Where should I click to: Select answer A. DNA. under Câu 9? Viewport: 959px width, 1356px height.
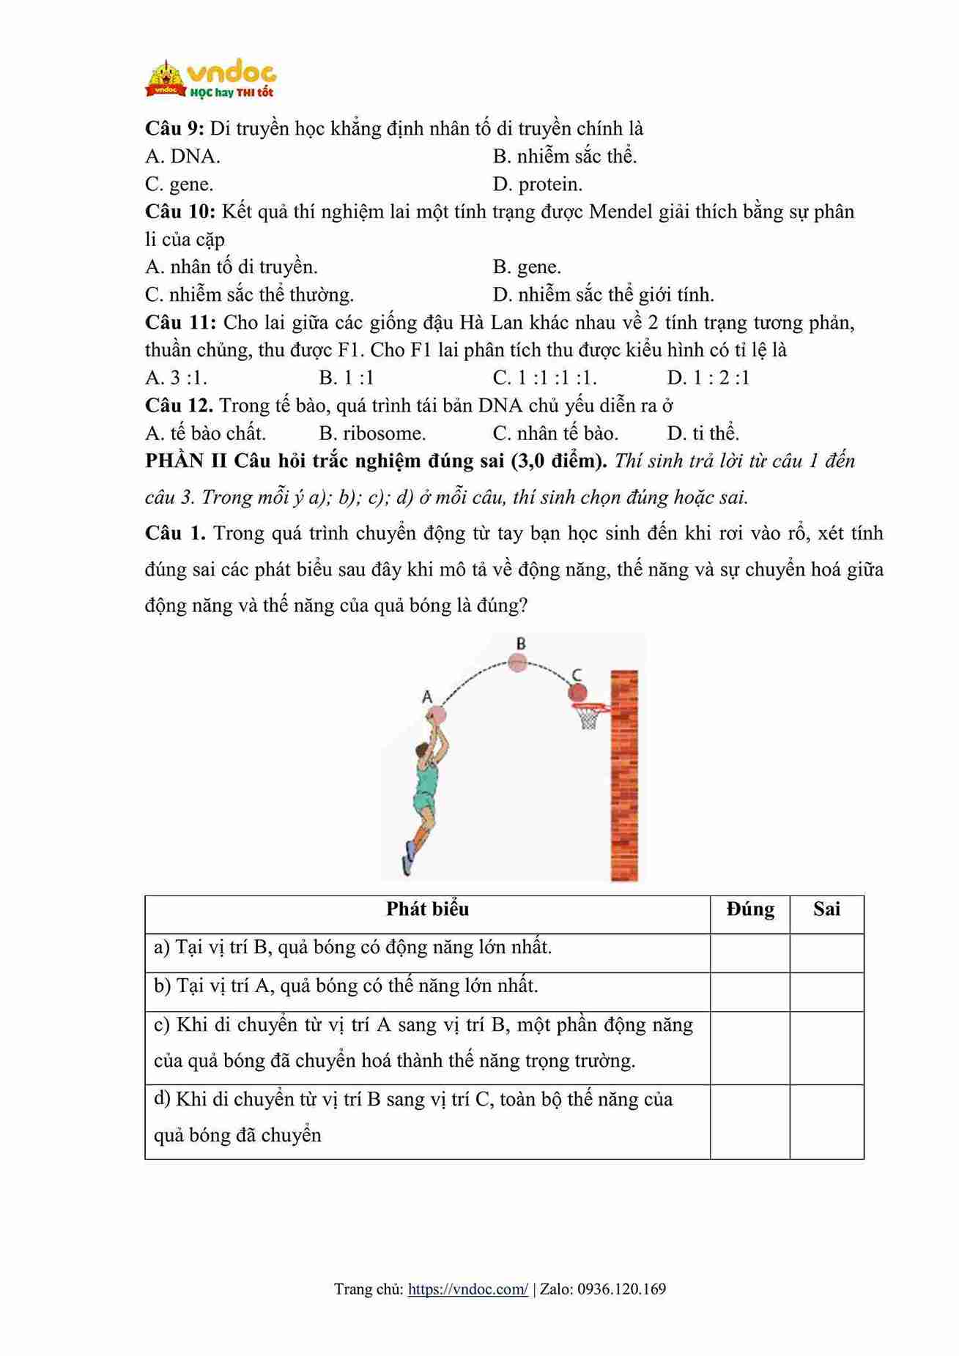[182, 157]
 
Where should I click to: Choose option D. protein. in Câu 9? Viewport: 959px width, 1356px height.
[538, 185]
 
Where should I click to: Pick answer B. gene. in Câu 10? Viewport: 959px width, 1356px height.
[527, 267]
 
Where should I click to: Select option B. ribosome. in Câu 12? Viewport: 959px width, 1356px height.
[372, 433]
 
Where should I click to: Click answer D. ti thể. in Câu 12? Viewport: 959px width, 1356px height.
[703, 433]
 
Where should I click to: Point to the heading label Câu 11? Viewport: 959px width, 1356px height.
[180, 322]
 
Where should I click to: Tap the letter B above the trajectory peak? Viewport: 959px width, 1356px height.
[521, 644]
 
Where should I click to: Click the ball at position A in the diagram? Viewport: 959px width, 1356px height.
[438, 713]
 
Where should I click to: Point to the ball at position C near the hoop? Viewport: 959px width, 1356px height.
[577, 692]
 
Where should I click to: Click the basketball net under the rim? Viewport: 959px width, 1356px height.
[588, 718]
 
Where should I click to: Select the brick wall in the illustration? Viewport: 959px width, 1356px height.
[624, 776]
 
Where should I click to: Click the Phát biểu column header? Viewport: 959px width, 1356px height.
[427, 909]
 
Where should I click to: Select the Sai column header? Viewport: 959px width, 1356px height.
[826, 909]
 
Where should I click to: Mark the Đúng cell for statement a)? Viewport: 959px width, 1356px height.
[749, 953]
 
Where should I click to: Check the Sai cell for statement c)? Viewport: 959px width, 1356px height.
[826, 1048]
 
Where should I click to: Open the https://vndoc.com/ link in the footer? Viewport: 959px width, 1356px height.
[467, 1289]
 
